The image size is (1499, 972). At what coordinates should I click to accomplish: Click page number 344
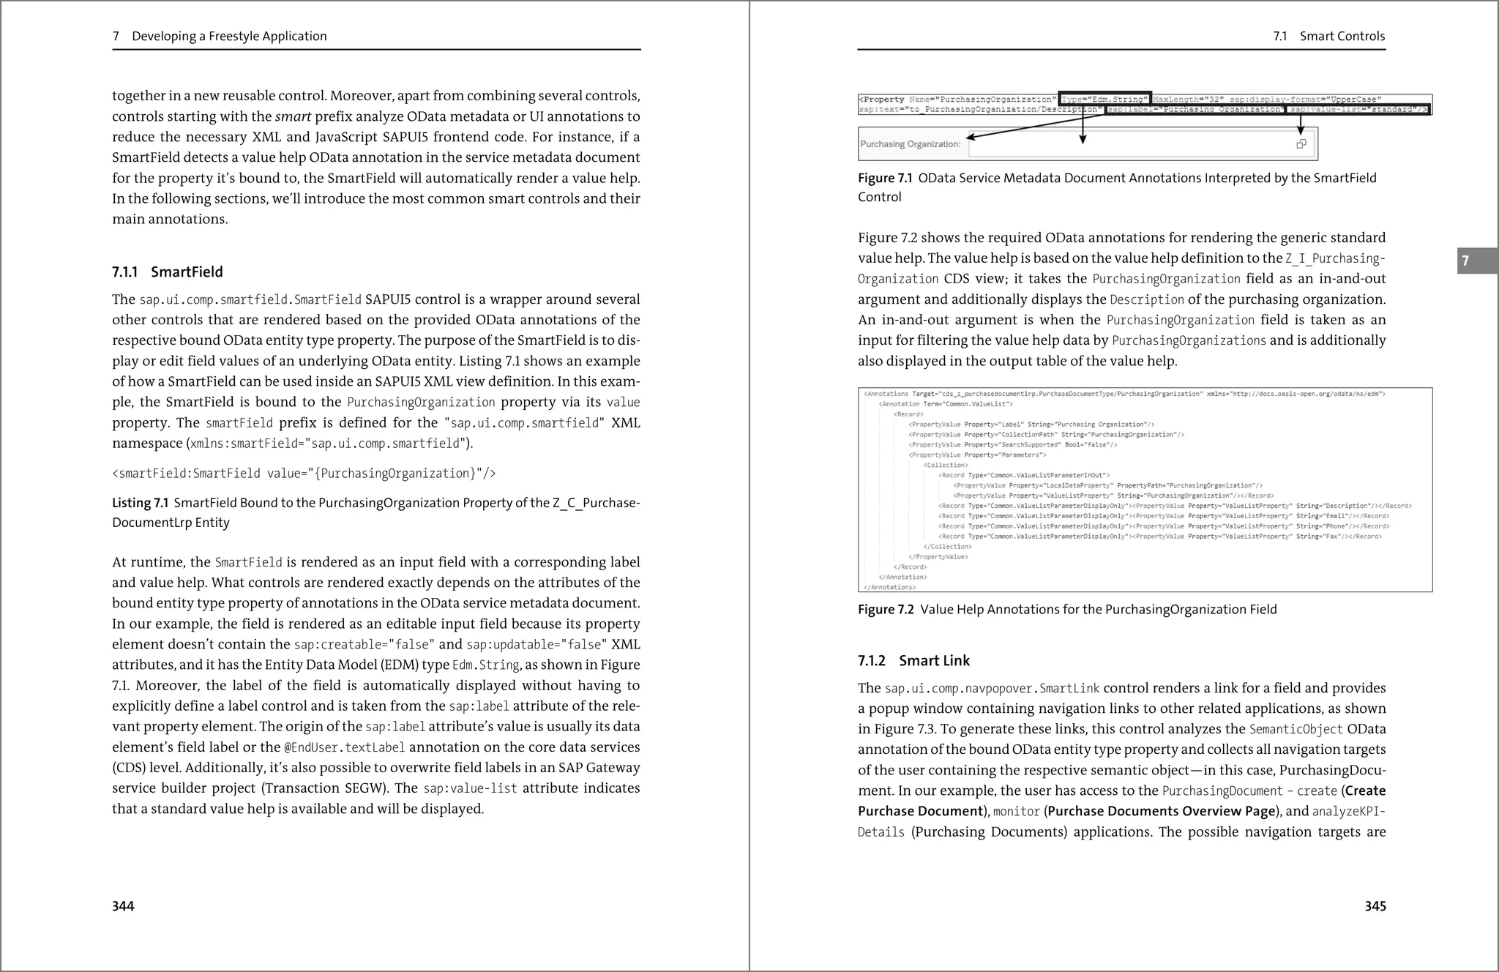point(123,906)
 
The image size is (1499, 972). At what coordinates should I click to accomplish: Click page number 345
point(1375,906)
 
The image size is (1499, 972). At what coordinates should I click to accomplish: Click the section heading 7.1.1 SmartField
point(167,272)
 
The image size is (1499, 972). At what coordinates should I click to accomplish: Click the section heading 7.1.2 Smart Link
point(913,661)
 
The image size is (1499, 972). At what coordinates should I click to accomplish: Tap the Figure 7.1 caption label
point(885,179)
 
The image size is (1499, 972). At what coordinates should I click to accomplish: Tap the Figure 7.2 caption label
point(886,610)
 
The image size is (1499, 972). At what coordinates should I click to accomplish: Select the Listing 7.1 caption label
point(140,503)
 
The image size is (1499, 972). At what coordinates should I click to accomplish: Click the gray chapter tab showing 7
point(1465,261)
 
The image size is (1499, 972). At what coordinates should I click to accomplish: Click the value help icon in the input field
point(1301,144)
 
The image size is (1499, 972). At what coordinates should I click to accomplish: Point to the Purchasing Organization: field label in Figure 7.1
point(910,144)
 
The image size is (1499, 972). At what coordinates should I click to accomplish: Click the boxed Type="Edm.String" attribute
point(1104,100)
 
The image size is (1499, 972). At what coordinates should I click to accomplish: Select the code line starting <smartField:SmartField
point(304,474)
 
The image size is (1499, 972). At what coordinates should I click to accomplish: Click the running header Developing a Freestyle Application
point(228,37)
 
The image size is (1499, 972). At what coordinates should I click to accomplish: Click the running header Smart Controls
point(1342,37)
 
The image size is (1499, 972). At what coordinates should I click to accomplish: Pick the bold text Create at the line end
point(1365,790)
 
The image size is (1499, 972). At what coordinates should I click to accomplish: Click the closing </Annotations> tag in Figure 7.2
point(889,587)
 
